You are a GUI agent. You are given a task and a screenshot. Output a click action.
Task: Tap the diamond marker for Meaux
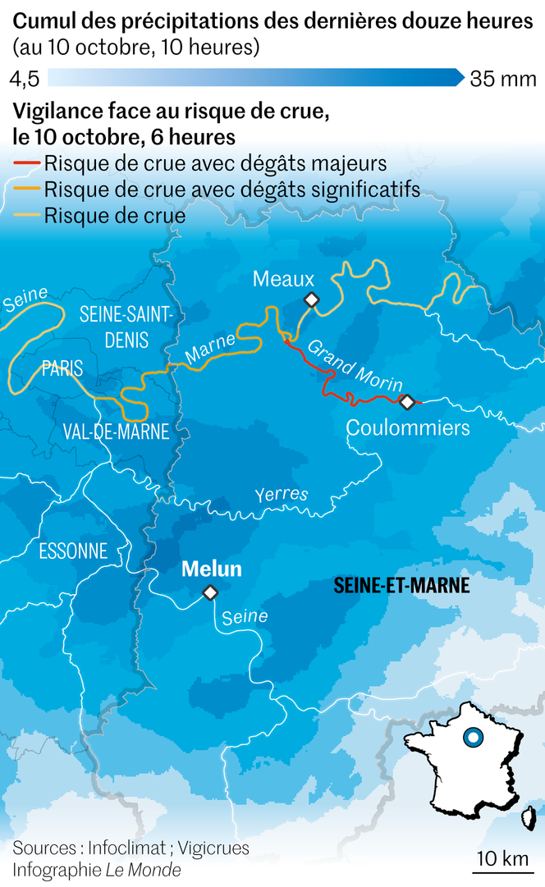[x=311, y=300]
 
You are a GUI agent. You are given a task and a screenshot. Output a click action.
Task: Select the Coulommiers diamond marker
[x=406, y=401]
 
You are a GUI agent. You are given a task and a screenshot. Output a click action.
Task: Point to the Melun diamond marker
[x=210, y=592]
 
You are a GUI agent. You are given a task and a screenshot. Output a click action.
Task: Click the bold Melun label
[x=211, y=569]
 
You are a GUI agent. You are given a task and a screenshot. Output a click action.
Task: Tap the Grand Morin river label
[x=355, y=365]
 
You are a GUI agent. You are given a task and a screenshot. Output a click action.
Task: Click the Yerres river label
[x=281, y=494]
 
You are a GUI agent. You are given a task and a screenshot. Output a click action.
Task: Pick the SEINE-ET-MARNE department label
[x=402, y=586]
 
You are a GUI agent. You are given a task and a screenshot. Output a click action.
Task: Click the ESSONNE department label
[x=73, y=551]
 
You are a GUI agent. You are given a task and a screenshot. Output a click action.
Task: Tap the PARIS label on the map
[x=62, y=369]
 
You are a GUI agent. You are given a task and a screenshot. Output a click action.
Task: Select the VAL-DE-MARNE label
[x=116, y=432]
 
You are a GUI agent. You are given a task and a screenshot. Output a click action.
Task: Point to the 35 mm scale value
[x=503, y=80]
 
